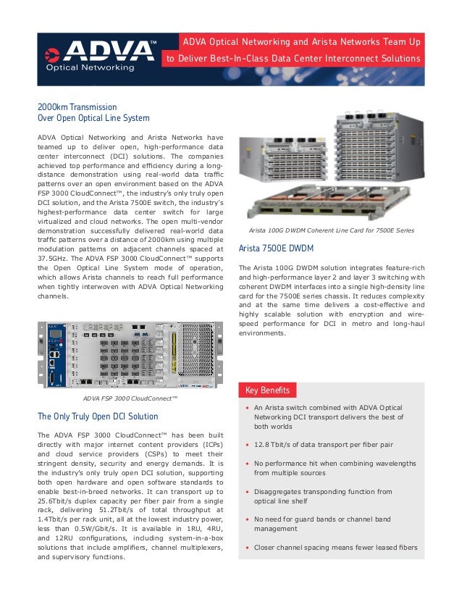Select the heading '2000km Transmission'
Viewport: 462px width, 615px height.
click(x=77, y=106)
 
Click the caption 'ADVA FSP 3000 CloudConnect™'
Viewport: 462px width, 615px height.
click(x=130, y=398)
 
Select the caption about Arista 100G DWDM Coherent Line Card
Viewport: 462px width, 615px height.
click(x=331, y=230)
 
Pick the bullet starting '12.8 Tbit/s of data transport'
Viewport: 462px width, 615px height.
click(x=324, y=445)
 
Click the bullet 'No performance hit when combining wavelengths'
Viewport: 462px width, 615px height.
click(x=335, y=467)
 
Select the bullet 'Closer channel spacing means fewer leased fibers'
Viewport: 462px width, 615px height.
click(x=335, y=548)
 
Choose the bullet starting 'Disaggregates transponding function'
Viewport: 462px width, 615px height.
click(x=323, y=496)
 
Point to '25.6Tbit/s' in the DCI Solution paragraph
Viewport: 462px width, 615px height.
click(x=56, y=501)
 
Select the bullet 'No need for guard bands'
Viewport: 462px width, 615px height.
click(x=322, y=524)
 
